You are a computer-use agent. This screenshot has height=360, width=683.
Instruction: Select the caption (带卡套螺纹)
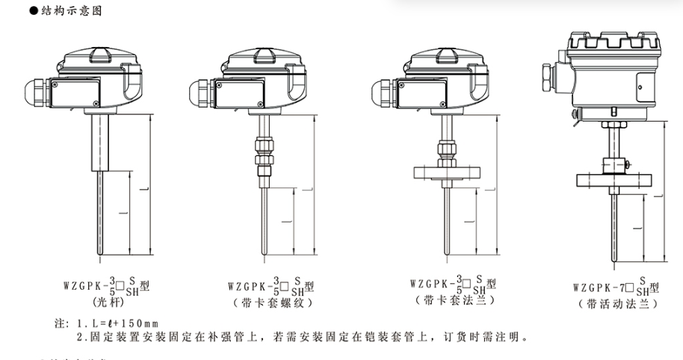(268, 303)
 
